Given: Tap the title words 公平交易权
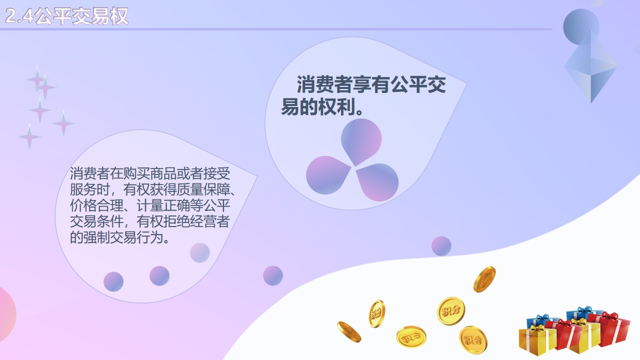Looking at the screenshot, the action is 81,16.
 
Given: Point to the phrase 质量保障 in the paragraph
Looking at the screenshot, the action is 203,189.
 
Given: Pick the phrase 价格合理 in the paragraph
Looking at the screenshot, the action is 96,205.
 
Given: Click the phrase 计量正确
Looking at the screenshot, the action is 163,205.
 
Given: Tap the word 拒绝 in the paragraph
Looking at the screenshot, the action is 176,221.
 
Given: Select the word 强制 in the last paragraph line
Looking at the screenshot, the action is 96,237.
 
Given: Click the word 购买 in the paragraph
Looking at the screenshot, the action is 136,173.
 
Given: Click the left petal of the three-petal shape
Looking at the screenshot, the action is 326,175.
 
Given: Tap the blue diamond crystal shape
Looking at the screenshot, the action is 591,67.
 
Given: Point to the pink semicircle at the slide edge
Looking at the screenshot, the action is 6,314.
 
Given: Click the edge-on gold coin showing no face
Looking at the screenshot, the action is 349,331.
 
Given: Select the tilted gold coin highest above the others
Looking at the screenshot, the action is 484,279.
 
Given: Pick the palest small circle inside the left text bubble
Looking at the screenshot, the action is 199,253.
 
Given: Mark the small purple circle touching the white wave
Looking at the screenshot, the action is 441,246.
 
